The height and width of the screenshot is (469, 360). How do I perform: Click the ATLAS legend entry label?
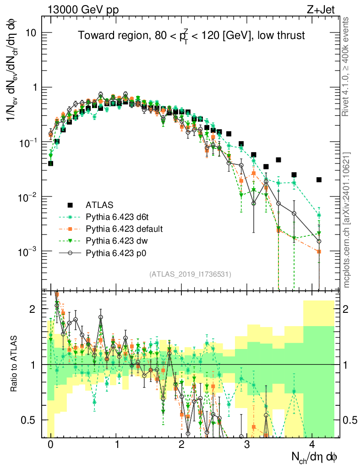(99, 204)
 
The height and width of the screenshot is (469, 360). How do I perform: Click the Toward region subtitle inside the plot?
(191, 36)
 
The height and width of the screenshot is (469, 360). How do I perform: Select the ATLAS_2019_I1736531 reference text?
(190, 274)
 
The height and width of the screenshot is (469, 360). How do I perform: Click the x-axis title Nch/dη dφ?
(315, 457)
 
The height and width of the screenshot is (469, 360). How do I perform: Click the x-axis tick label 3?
(247, 445)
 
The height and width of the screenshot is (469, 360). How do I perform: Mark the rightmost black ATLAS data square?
(319, 180)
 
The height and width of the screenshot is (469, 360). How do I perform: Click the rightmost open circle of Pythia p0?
(319, 241)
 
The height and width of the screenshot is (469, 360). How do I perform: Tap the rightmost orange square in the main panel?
(319, 251)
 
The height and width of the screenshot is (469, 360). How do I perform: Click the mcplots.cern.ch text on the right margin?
(347, 220)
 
